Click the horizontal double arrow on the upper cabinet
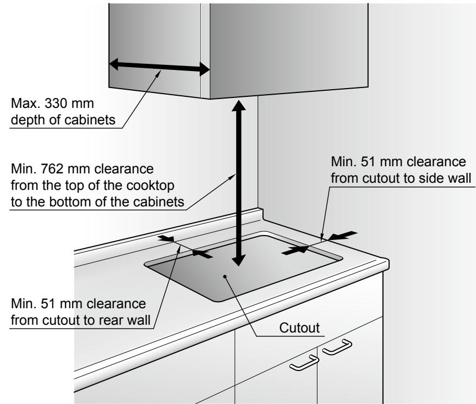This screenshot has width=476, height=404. click(159, 67)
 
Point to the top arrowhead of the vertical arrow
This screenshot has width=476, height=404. click(239, 106)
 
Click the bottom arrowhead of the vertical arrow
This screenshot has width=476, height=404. click(239, 261)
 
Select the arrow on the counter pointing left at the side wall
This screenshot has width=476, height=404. click(341, 235)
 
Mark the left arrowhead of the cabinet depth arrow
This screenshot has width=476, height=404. click(113, 64)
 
